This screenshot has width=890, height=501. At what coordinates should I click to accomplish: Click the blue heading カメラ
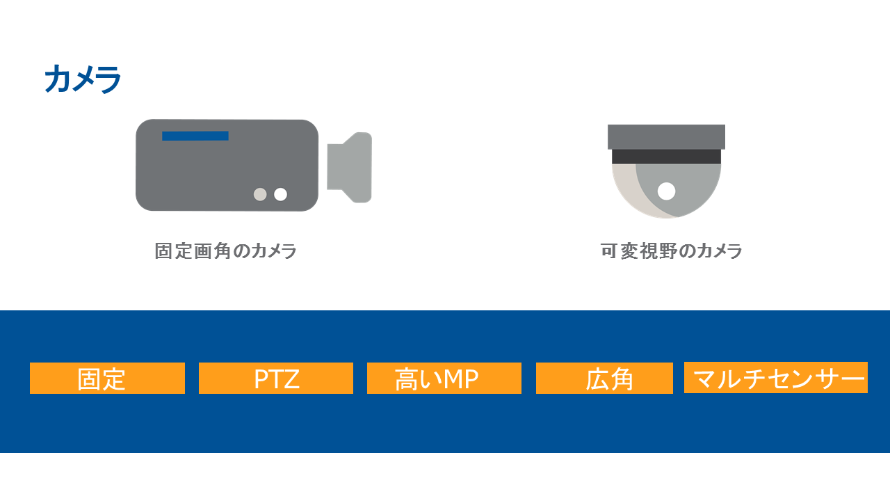(83, 79)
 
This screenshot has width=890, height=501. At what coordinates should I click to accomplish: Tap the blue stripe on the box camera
(195, 136)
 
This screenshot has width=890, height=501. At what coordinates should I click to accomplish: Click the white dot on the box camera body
(280, 194)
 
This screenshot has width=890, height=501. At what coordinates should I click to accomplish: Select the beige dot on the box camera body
(260, 194)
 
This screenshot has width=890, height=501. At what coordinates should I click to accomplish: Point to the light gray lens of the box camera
(350, 168)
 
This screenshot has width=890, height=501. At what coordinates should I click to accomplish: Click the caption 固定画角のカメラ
(226, 251)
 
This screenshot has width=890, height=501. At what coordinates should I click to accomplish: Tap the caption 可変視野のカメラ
(672, 251)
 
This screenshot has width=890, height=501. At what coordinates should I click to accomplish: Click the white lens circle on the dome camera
(666, 191)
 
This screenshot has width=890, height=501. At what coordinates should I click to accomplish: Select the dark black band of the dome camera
(666, 157)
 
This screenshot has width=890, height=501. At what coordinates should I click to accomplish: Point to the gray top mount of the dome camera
(666, 137)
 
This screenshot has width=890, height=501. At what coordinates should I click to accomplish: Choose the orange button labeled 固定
(107, 378)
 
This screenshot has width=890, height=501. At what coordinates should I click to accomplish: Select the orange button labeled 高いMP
(444, 378)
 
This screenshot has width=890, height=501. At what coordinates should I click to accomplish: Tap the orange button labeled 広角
(604, 378)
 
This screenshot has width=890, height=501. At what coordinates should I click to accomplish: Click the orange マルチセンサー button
(776, 378)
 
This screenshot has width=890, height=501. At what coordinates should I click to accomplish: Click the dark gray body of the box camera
(227, 171)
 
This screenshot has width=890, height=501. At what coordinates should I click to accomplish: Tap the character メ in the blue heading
(83, 79)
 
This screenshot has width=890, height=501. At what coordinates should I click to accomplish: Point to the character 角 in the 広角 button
(622, 379)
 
